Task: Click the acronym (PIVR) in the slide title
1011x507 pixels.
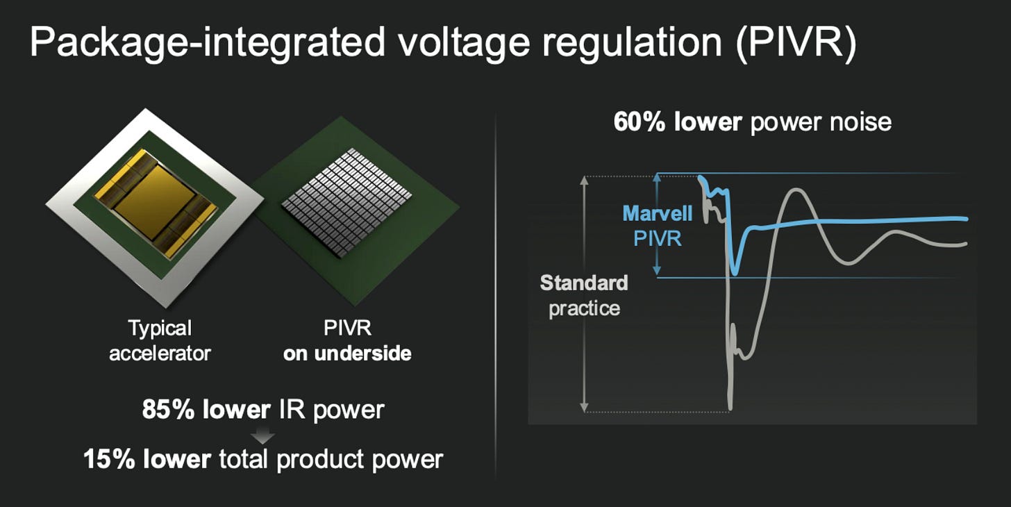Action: coord(796,42)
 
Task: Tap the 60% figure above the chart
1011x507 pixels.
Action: coord(639,122)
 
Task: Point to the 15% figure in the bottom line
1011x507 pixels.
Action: coord(109,459)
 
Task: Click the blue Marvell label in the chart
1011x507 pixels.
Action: coord(657,213)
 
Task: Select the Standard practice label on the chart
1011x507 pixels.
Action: coord(584,296)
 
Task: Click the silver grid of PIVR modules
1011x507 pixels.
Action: coord(346,202)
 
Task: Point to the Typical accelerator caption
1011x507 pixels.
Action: coord(160,340)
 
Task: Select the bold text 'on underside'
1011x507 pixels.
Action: coord(347,354)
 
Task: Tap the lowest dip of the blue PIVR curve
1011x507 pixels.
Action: coord(735,273)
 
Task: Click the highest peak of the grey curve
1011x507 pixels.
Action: coord(797,190)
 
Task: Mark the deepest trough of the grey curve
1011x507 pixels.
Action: coord(730,408)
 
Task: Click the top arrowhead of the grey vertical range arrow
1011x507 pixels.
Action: coord(584,180)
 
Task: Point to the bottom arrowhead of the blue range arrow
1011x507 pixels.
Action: coord(657,271)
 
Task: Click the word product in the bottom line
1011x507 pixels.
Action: coord(321,460)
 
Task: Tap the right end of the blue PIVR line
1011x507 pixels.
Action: coord(966,219)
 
